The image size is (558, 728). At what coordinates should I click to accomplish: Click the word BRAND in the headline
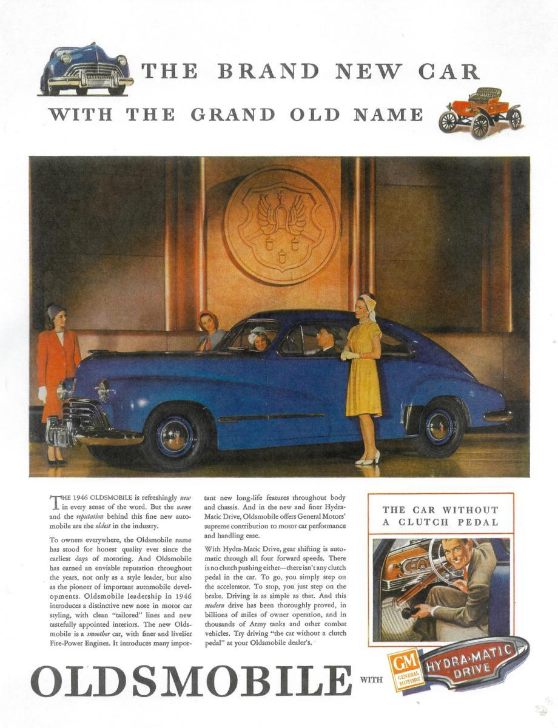(268, 72)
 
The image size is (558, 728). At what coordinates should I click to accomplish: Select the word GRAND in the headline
(233, 114)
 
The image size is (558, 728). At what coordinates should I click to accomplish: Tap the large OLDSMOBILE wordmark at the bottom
(191, 681)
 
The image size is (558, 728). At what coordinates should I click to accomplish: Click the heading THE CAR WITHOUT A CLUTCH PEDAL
(440, 516)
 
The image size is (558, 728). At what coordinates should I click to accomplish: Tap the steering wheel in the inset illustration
(449, 561)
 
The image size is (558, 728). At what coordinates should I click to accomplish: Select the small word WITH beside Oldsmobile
(372, 680)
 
